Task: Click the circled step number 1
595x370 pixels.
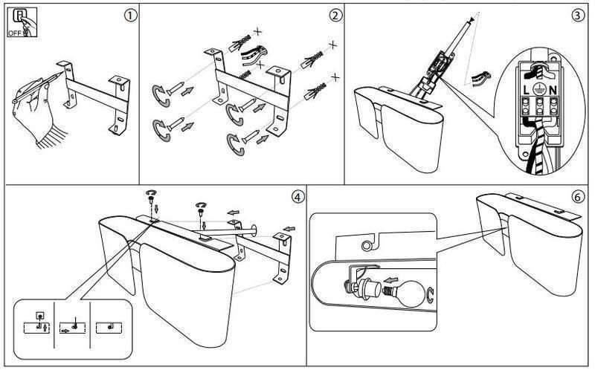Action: [x=130, y=16]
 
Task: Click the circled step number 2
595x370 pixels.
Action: [x=336, y=16]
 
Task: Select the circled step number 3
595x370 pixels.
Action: [x=578, y=16]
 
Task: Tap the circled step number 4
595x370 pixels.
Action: [x=298, y=197]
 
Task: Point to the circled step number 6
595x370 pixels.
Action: [x=578, y=197]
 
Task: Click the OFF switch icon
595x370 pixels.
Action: [x=22, y=22]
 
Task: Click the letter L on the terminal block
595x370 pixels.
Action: [x=526, y=90]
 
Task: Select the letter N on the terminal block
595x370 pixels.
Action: [x=553, y=90]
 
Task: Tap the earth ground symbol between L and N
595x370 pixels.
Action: [x=538, y=89]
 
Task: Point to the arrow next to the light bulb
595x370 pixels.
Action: [x=390, y=281]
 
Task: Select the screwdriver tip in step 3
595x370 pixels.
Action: [x=472, y=19]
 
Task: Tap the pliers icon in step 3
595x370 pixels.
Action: [x=480, y=79]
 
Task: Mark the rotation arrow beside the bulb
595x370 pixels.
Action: [x=431, y=294]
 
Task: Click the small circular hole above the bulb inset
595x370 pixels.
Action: [x=366, y=245]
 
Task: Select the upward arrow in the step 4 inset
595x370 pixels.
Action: [x=45, y=326]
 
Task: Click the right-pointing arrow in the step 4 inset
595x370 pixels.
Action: [x=65, y=331]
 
